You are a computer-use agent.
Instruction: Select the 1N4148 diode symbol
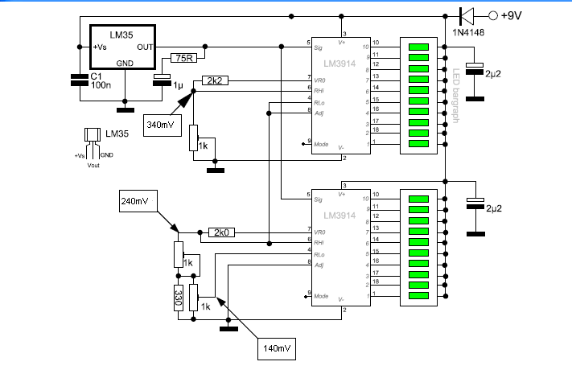click(465, 14)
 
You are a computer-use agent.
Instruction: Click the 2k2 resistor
click(214, 80)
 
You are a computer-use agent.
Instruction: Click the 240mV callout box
click(138, 201)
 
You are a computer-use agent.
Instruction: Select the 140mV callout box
click(275, 348)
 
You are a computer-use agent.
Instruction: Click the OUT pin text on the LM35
click(145, 47)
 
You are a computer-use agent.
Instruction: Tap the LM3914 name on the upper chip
click(338, 62)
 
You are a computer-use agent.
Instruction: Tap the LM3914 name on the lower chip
click(338, 215)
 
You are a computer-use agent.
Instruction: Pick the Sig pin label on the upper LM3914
click(319, 47)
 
